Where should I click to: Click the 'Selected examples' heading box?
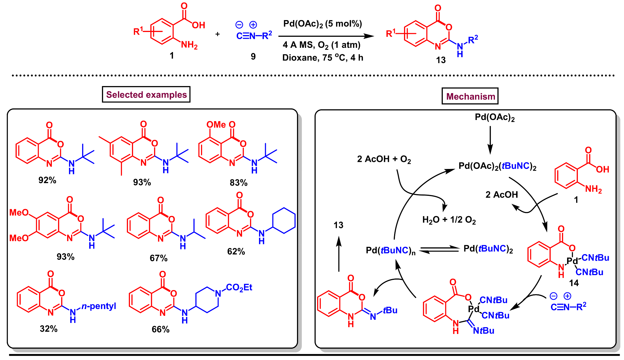[x=146, y=95]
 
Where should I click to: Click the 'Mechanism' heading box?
[x=470, y=97]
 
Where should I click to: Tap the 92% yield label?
[x=47, y=180]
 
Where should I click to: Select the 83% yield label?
[x=238, y=183]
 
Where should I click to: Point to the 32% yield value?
[x=48, y=329]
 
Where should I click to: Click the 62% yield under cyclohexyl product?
[x=236, y=252]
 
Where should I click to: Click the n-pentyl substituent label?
[x=99, y=306]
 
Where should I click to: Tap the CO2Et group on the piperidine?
[x=239, y=288]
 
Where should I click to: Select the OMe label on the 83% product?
[x=216, y=125]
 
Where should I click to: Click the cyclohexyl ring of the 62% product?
[x=284, y=220]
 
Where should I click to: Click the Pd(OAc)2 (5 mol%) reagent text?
[x=322, y=24]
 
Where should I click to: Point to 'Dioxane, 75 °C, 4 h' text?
[x=322, y=58]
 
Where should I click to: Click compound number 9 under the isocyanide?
[x=253, y=57]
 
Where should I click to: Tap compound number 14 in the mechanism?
[x=574, y=283]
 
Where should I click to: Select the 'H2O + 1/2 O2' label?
[x=449, y=220]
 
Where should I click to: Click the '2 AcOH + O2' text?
[x=384, y=159]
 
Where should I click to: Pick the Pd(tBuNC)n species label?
[x=390, y=250]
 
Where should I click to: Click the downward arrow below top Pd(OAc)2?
[x=490, y=140]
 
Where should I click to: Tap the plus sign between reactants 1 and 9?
[x=217, y=34]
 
